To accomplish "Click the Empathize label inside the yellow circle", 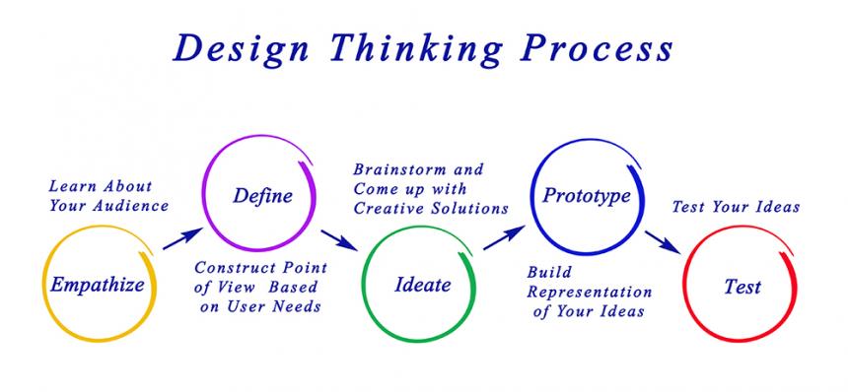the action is click(x=98, y=284).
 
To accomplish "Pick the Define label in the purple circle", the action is click(x=263, y=195).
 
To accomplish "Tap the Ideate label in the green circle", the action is click(x=422, y=284).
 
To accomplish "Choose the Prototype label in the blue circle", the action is click(x=587, y=196).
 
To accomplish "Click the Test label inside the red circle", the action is click(x=742, y=287).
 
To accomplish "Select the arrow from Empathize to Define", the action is click(x=182, y=238).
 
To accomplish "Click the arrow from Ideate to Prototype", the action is click(x=504, y=238).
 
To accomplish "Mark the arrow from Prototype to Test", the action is click(x=663, y=242).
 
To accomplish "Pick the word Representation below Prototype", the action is click(x=590, y=293).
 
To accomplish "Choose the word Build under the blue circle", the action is click(x=549, y=272).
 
